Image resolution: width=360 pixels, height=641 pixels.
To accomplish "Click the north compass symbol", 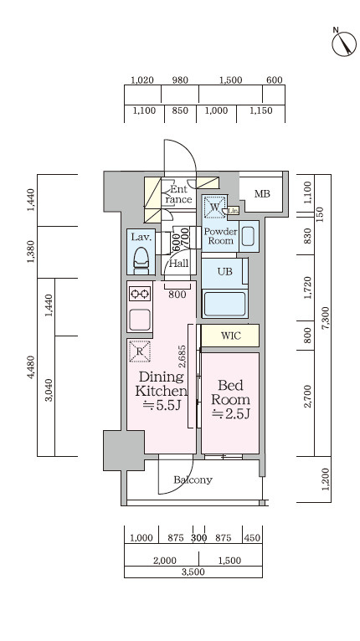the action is click(x=343, y=43).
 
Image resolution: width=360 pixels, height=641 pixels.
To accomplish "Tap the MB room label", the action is click(x=262, y=194).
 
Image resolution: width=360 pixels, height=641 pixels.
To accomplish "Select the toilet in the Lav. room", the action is click(x=141, y=260).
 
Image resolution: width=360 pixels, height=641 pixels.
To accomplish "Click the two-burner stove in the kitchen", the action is click(x=140, y=294).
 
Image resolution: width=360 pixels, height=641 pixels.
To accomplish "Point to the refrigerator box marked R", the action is click(x=140, y=351).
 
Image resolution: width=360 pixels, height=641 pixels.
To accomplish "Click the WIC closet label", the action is click(x=231, y=336).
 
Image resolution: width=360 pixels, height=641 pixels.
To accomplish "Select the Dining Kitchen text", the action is click(x=161, y=383).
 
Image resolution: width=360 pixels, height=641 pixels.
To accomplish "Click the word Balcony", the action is click(x=193, y=479).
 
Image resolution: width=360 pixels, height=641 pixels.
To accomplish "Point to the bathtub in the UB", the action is click(x=224, y=303).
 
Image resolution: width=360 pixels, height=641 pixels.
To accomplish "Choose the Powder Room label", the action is click(x=220, y=236).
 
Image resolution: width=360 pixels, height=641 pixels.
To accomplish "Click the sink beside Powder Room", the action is click(x=249, y=236).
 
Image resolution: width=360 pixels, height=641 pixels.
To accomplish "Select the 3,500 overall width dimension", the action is click(x=193, y=572).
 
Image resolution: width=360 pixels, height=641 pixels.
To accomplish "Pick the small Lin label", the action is click(x=234, y=211).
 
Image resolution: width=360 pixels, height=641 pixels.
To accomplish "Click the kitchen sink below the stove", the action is click(x=140, y=320).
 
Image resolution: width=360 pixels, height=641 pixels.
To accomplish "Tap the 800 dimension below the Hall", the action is click(x=177, y=295).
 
